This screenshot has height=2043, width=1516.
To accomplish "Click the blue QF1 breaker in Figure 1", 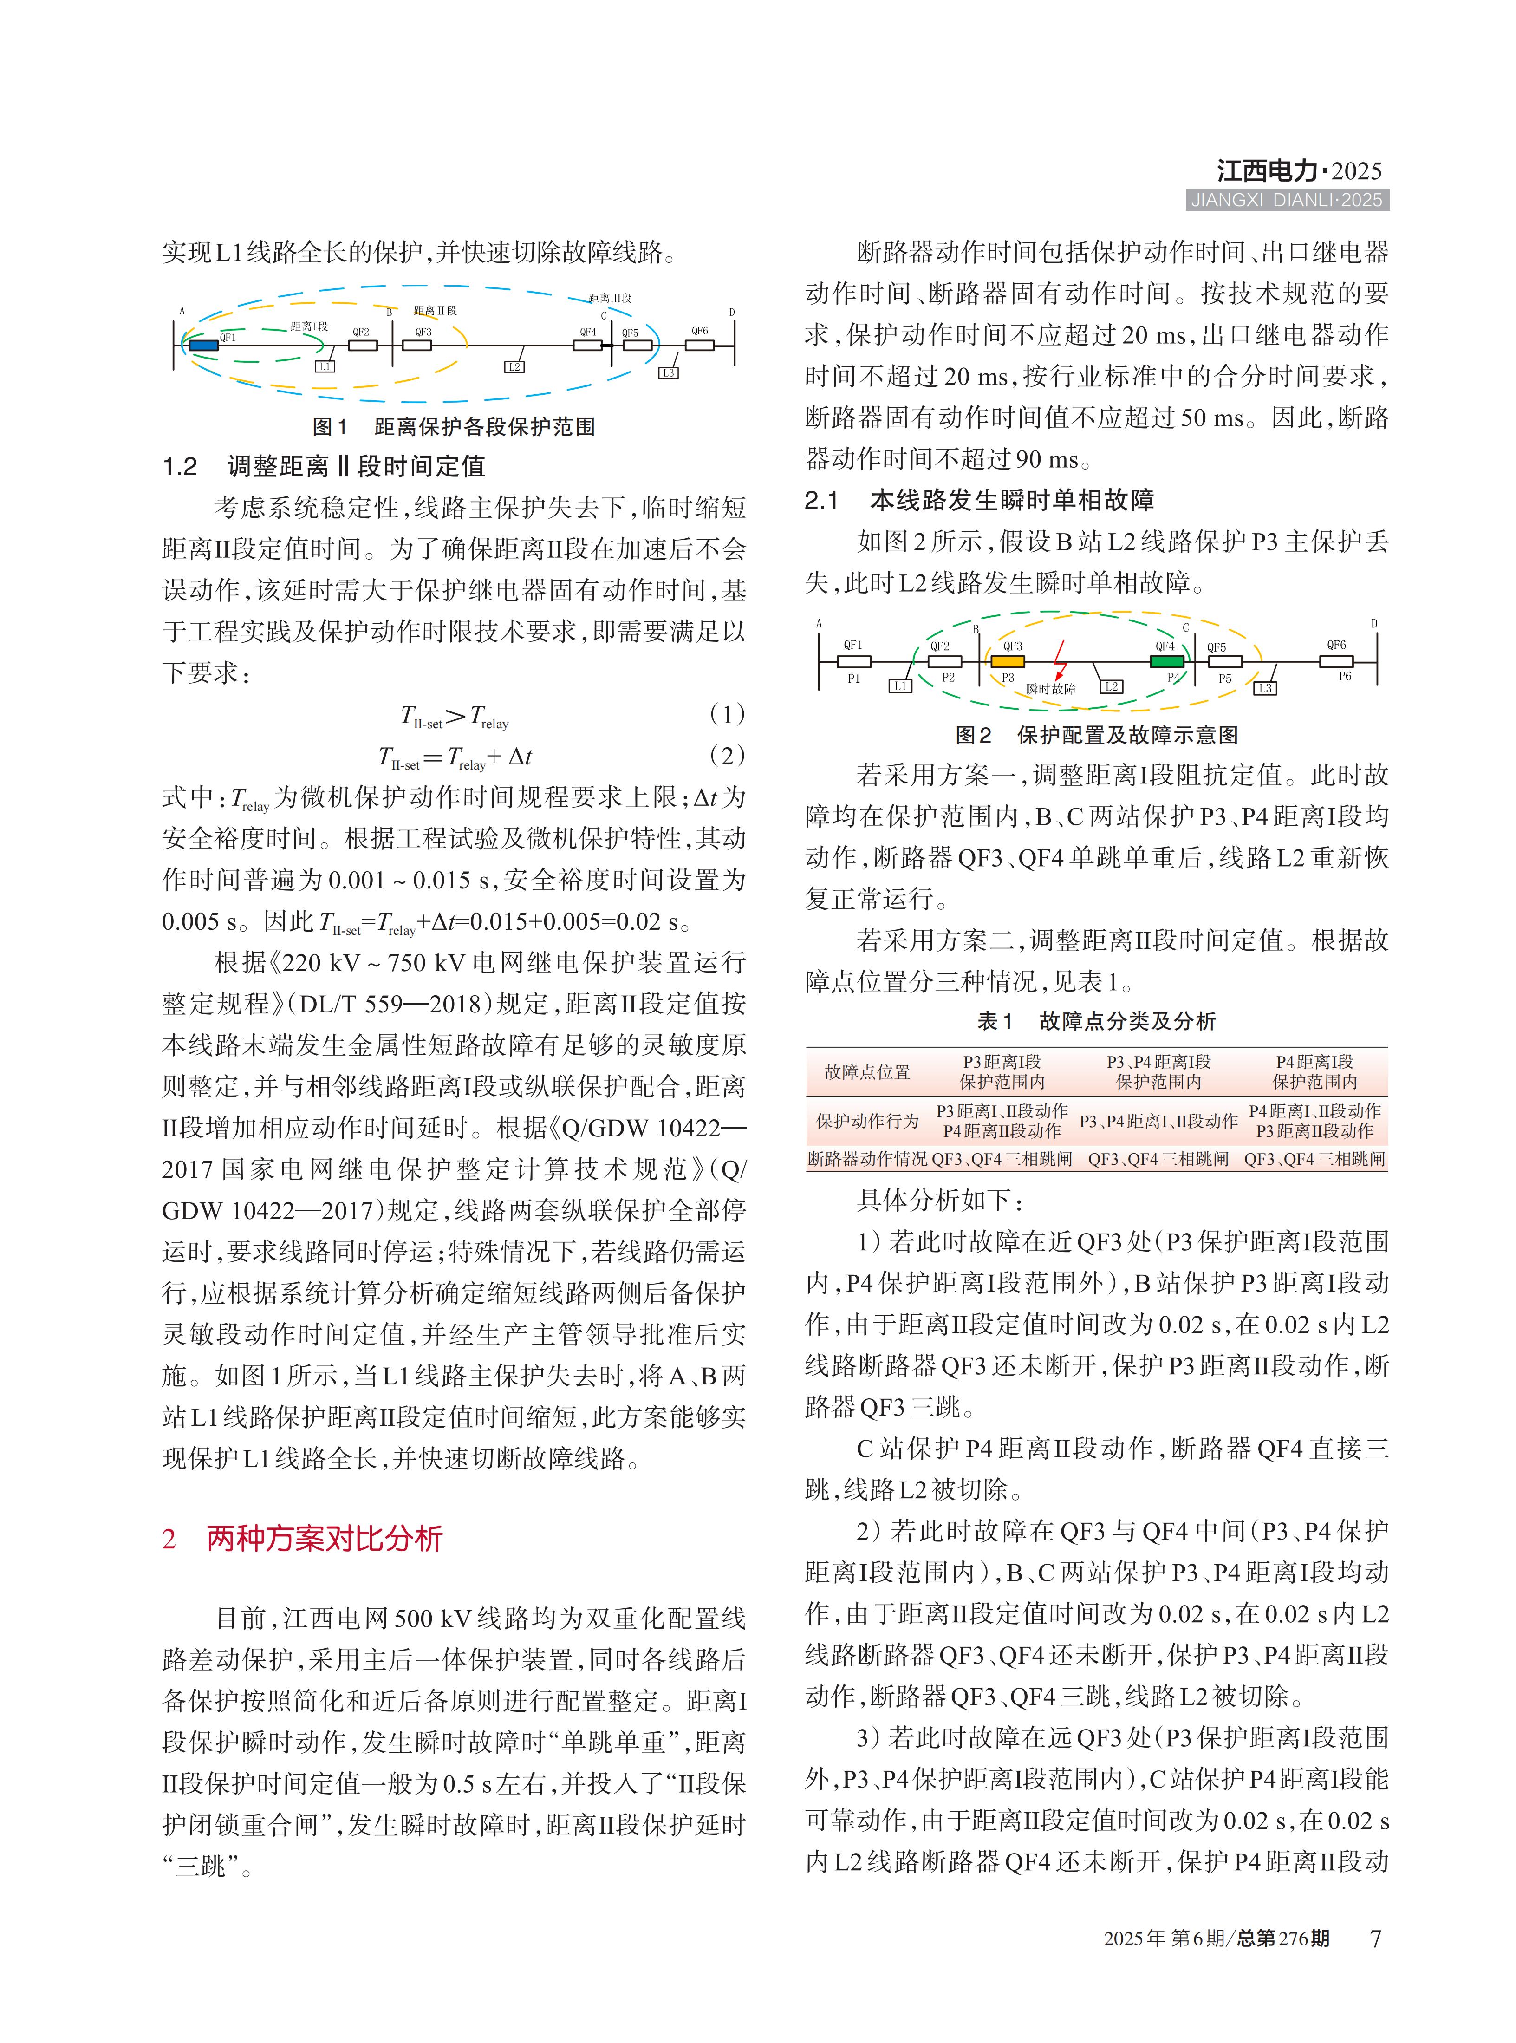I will [204, 345].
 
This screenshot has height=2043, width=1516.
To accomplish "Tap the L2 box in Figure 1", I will [514, 367].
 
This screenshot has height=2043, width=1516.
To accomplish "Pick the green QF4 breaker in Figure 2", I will [1166, 661].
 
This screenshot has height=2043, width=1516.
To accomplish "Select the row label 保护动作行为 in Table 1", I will [867, 1121].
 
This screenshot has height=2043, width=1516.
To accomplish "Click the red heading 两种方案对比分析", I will [325, 1538].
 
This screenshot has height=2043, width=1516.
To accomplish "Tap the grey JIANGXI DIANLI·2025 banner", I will [1287, 200].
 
